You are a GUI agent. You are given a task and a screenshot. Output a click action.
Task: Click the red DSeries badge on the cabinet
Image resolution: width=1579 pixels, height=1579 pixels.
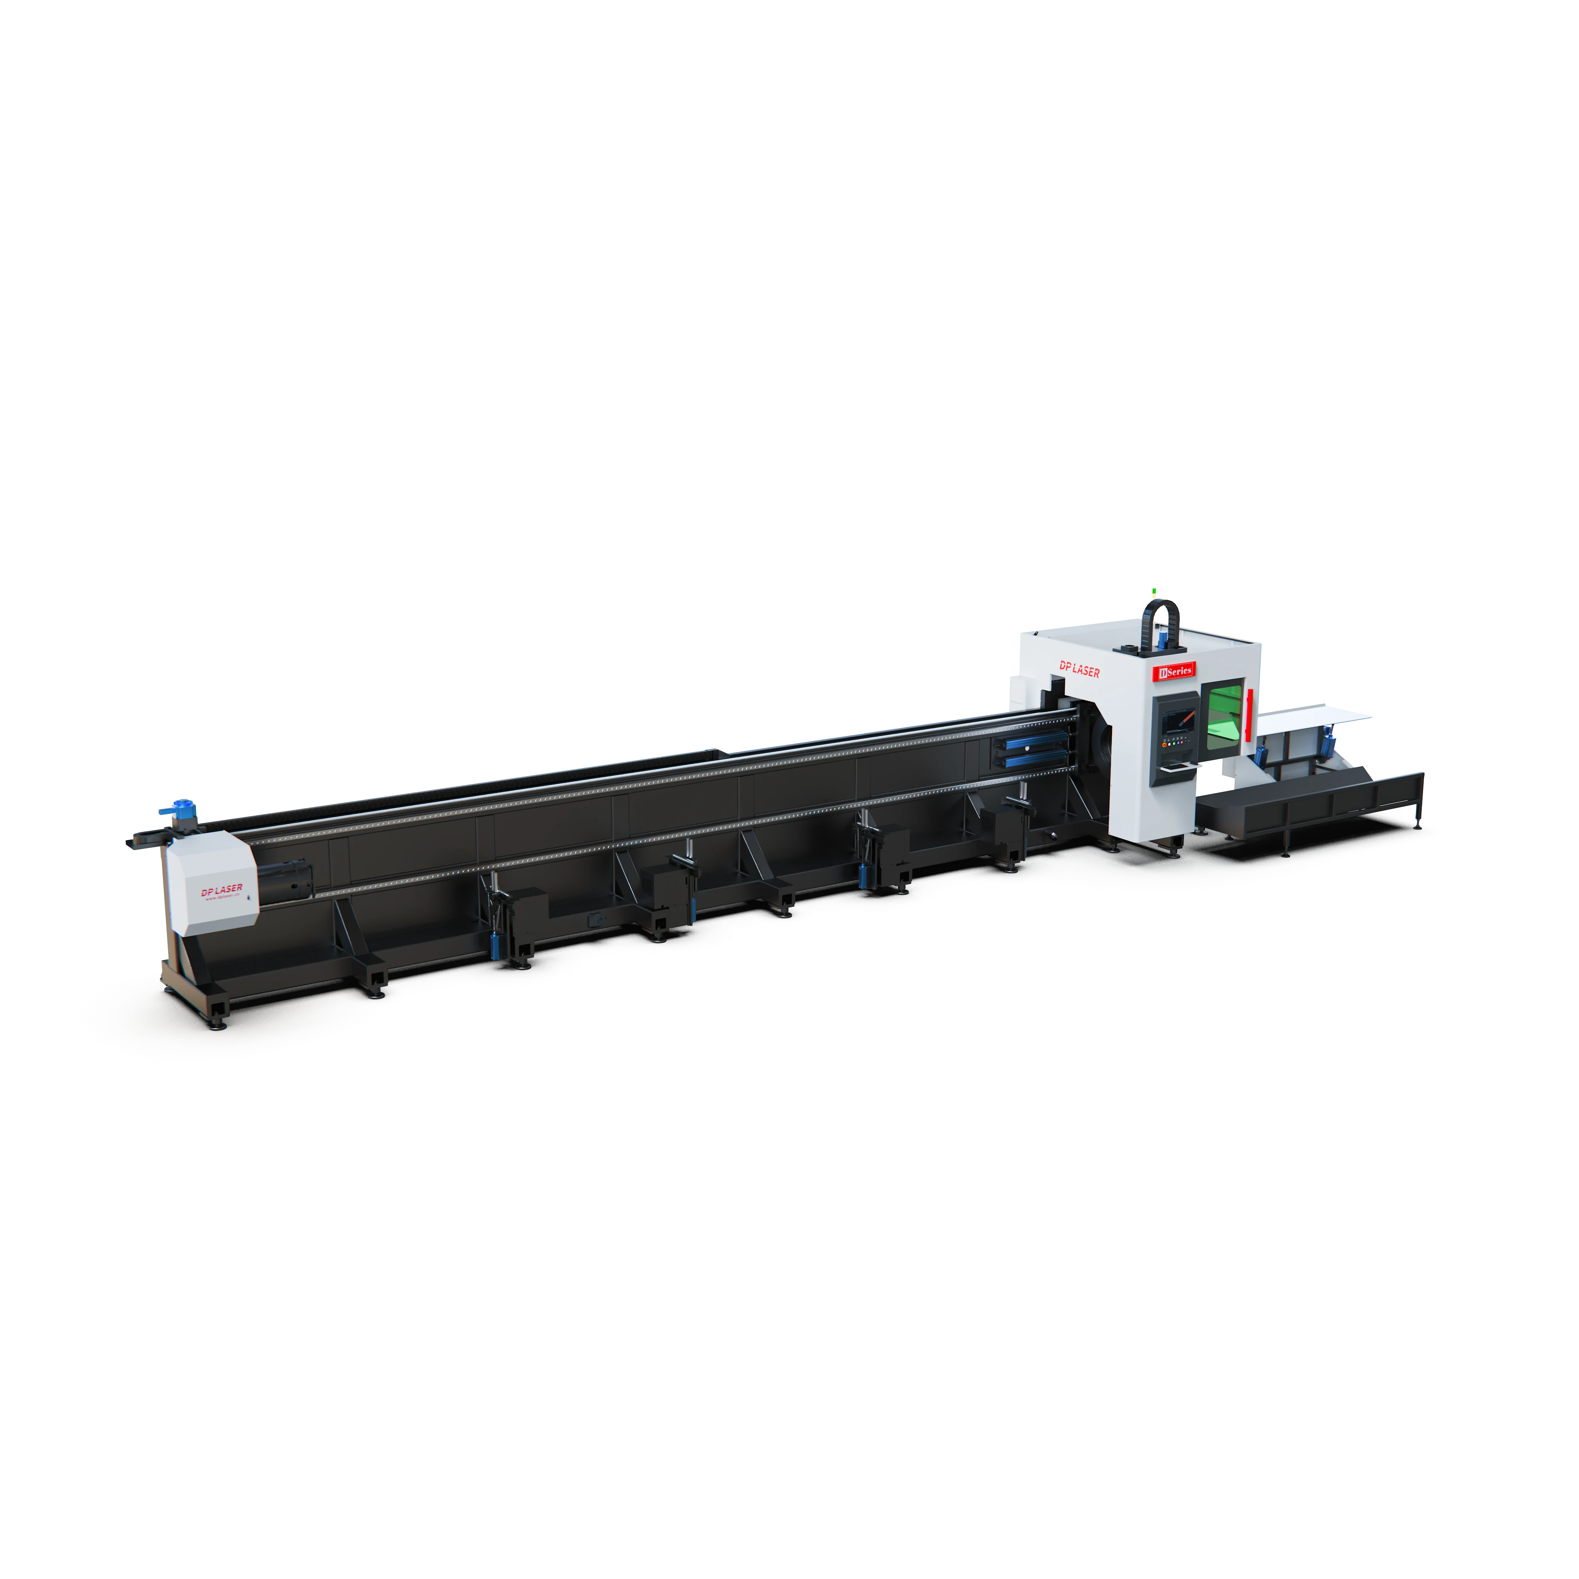1175,671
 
